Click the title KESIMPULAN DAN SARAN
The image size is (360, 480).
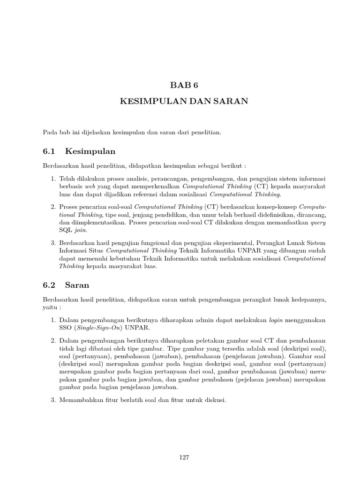coord(180,101)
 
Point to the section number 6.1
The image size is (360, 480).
coord(49,151)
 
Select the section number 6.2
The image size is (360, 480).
coord(49,285)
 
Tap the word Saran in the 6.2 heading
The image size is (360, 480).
coord(77,285)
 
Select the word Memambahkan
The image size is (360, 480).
coord(82,401)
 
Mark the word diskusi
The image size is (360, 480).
coord(215,401)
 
